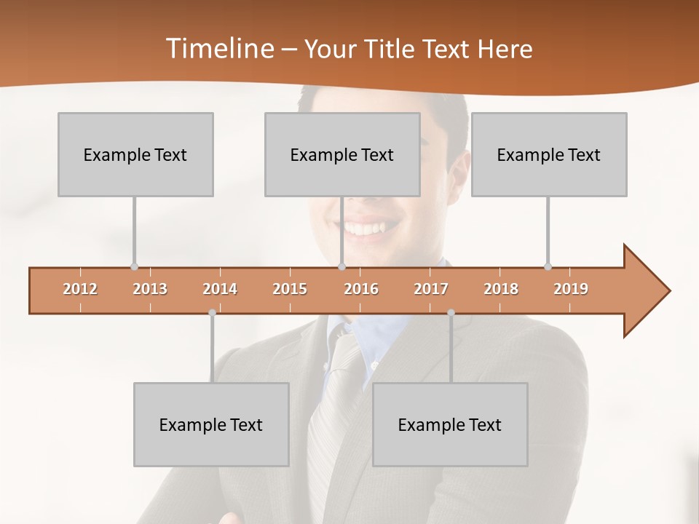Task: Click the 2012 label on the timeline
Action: tap(80, 289)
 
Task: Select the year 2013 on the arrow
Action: tap(150, 289)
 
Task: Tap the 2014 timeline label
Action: tap(220, 289)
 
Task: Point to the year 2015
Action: tap(290, 289)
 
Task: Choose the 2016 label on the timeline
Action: tap(361, 289)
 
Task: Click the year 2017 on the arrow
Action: tap(431, 289)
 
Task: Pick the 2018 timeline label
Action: tap(501, 289)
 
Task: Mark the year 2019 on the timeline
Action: tap(571, 289)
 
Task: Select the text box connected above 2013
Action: tap(135, 154)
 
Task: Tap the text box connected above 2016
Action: tap(342, 154)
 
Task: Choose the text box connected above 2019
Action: tap(549, 154)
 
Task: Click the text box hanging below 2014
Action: tap(211, 424)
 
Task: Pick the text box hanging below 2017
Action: tap(450, 424)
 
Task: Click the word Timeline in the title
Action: tap(218, 49)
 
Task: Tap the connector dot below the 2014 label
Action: tap(212, 312)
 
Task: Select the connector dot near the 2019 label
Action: tap(548, 266)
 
